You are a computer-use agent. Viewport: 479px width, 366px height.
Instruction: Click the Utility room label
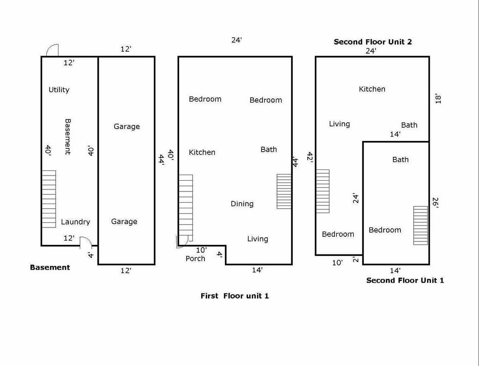point(59,90)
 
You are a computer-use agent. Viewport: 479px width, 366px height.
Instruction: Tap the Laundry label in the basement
point(75,222)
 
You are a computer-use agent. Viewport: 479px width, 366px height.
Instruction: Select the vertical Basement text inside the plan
point(67,137)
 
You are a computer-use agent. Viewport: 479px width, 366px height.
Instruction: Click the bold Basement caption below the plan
point(50,267)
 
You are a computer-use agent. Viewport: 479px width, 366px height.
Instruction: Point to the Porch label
point(195,259)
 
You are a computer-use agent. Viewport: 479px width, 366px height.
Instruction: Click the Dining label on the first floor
point(242,204)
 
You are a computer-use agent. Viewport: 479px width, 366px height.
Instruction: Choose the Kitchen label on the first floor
point(202,152)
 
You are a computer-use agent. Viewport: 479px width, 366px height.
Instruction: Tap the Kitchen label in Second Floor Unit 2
point(372,89)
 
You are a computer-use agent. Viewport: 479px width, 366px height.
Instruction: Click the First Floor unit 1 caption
point(235,296)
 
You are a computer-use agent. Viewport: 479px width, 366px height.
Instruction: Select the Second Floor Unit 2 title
point(373,42)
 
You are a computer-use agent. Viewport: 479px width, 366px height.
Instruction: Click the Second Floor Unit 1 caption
point(405,280)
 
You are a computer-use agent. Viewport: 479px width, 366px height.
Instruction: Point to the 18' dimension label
point(438,99)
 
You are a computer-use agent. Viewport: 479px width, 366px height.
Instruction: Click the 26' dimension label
point(435,203)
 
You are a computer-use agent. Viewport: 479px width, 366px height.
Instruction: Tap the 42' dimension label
point(310,157)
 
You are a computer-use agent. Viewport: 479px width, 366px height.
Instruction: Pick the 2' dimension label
point(356,260)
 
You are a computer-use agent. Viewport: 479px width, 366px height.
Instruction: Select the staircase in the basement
point(49,199)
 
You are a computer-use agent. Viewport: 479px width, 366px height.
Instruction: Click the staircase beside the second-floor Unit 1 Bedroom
point(421,225)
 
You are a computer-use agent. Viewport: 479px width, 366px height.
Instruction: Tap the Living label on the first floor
point(258,239)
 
